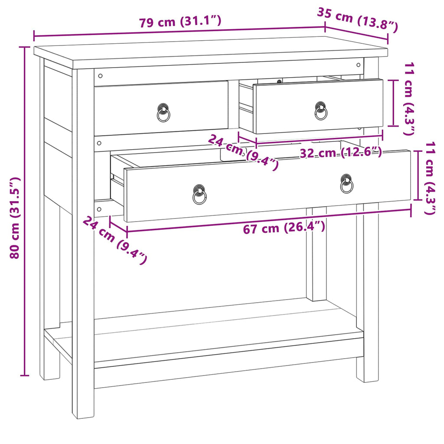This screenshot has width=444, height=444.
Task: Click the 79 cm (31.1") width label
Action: [180, 22]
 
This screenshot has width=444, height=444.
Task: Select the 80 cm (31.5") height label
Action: [15, 218]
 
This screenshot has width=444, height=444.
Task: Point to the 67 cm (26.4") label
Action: [284, 228]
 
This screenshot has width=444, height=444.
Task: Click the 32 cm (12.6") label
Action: [341, 152]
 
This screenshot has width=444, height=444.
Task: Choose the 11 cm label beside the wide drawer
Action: [430, 178]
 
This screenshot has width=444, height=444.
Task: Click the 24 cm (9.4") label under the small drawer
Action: [243, 152]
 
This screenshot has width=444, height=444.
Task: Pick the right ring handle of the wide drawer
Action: [346, 184]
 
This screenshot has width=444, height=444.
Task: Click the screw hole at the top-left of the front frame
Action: [100, 76]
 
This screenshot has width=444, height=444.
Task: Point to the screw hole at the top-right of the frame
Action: [359, 65]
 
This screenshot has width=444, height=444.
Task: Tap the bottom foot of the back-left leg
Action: [49, 374]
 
